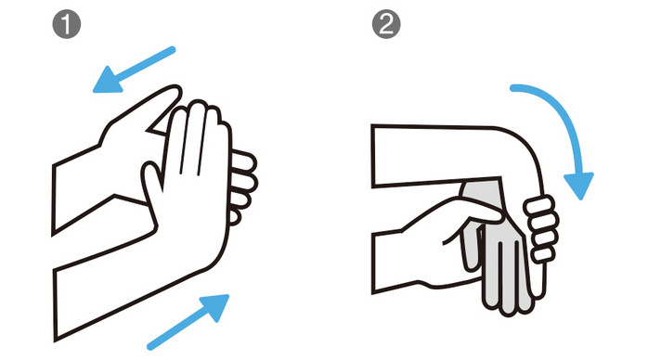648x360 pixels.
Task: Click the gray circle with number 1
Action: point(67,25)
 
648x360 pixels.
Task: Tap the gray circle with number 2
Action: point(386,25)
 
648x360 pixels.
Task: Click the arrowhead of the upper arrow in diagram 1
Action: point(108,80)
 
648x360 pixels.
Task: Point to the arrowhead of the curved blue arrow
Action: point(579,186)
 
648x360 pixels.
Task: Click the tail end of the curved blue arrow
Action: point(513,88)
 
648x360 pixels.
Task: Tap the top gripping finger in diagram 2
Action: point(538,205)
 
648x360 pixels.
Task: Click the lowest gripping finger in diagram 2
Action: point(542,254)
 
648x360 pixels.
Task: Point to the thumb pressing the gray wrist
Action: point(475,209)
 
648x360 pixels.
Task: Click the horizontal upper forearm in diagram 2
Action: point(434,156)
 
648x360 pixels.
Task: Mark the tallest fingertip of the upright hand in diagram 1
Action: point(197,105)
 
